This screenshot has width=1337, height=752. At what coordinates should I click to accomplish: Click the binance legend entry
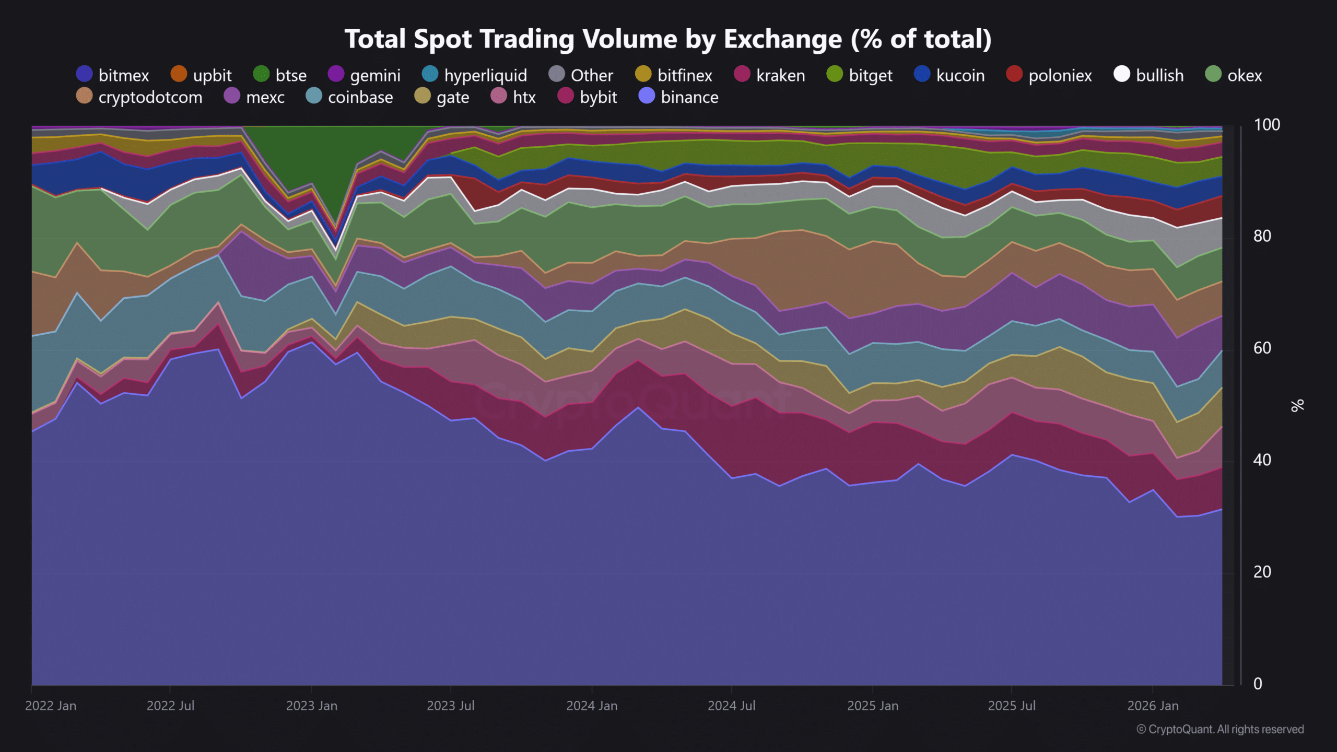pos(679,97)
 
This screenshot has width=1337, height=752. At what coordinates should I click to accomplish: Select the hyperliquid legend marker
pos(430,75)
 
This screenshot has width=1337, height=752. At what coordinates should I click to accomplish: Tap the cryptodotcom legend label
pos(150,97)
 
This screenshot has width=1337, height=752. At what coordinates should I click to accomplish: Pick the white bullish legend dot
pos(1121,75)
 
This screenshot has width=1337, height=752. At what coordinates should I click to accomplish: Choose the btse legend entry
pos(280,75)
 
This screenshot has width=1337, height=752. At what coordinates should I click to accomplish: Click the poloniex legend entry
pos(1049,75)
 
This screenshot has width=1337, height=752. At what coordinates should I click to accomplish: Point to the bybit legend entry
pos(588,97)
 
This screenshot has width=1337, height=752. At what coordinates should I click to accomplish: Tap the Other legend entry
pos(581,75)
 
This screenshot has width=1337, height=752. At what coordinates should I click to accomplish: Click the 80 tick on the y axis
pos(1262,236)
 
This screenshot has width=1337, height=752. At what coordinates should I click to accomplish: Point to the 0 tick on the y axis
pos(1258,684)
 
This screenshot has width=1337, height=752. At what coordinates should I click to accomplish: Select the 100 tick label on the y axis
pos(1266,125)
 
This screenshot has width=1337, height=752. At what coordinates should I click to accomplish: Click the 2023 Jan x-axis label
pos(311,706)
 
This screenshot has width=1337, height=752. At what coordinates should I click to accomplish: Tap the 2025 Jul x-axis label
pos(1012,706)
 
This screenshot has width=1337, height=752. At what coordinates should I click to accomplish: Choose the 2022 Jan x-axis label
pos(51,706)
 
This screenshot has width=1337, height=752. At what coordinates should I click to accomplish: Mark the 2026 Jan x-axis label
pos(1153,706)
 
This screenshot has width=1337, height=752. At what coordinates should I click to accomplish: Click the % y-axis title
pos(1297,405)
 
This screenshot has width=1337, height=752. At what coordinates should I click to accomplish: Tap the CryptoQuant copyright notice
pos(1220,729)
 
